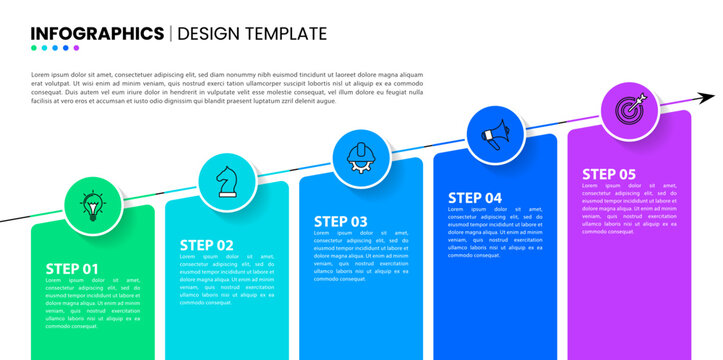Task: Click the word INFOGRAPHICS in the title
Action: click(x=98, y=33)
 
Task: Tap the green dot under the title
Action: click(x=36, y=48)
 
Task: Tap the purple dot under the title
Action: click(x=77, y=48)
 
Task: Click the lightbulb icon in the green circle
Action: click(x=94, y=205)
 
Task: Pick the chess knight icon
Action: click(x=228, y=180)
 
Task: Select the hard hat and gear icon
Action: click(x=361, y=157)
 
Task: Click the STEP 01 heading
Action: click(x=73, y=268)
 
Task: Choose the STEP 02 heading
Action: click(x=207, y=245)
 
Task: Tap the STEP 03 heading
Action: click(x=341, y=221)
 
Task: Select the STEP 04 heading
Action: click(x=475, y=197)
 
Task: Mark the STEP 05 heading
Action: click(x=609, y=173)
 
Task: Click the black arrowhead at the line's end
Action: click(x=706, y=97)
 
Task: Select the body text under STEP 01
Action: click(x=93, y=303)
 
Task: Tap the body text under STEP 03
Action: click(x=361, y=255)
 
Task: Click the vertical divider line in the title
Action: click(x=170, y=33)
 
